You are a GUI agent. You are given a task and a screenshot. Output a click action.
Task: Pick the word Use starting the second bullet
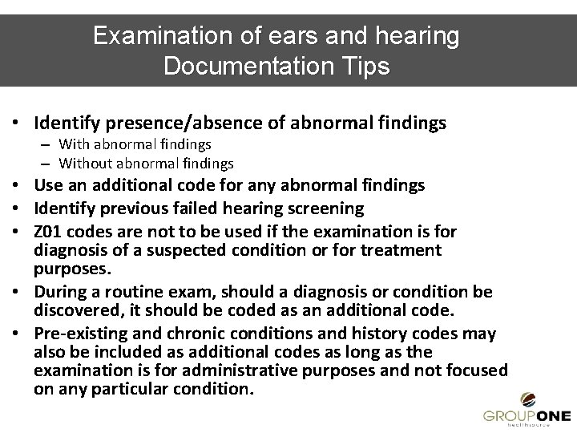pyautogui.click(x=47, y=185)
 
